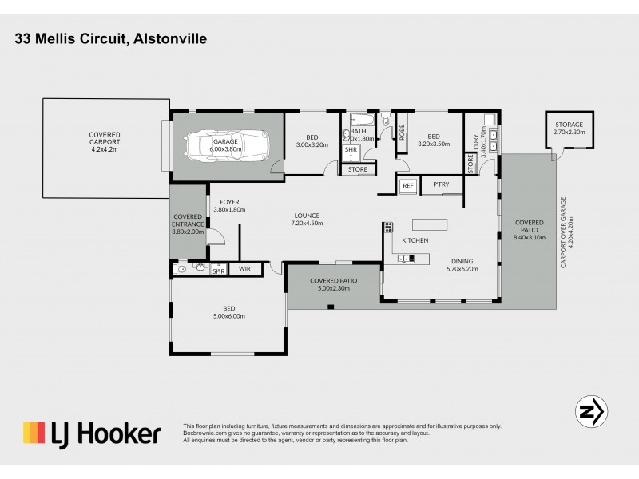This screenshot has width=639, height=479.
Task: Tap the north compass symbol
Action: (x=592, y=411)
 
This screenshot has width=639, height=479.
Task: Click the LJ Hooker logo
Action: (x=92, y=433)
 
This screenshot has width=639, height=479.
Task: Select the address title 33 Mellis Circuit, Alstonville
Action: (x=111, y=38)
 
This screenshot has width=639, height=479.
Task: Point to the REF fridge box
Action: (x=407, y=185)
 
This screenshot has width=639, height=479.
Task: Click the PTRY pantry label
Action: (x=440, y=185)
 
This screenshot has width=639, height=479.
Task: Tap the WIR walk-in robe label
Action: (x=244, y=270)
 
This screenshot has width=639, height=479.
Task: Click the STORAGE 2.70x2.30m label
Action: (x=569, y=129)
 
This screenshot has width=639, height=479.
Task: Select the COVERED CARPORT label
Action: (x=105, y=140)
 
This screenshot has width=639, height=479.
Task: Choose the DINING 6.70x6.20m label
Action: (x=462, y=265)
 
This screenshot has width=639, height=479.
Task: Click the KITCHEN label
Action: (x=415, y=240)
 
